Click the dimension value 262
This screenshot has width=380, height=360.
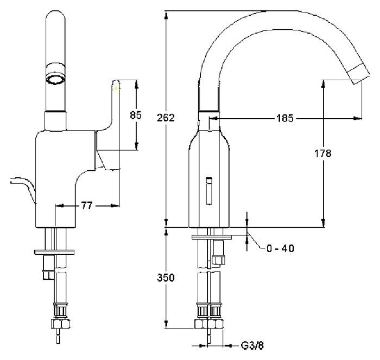[x=166, y=118]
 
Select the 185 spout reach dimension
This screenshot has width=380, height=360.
[x=285, y=118]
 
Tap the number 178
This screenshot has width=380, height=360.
[x=323, y=153]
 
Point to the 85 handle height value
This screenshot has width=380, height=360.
[x=136, y=115]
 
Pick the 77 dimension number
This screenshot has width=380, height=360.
[x=87, y=205]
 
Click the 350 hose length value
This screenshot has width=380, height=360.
[x=166, y=278]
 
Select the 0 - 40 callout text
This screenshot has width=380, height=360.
[x=281, y=248]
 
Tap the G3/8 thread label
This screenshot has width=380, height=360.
[x=252, y=345]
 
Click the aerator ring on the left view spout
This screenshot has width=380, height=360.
[x=55, y=80]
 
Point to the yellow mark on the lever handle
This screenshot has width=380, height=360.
[x=116, y=88]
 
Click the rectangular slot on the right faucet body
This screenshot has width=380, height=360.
[x=209, y=191]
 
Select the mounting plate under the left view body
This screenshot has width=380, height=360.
[x=54, y=252]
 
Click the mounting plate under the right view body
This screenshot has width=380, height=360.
[x=212, y=237]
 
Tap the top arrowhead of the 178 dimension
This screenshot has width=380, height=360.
[x=323, y=84]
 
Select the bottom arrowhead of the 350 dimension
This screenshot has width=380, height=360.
[x=166, y=324]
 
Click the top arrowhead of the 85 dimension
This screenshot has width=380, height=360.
[x=136, y=84]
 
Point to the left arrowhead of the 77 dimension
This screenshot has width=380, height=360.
[x=60, y=206]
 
